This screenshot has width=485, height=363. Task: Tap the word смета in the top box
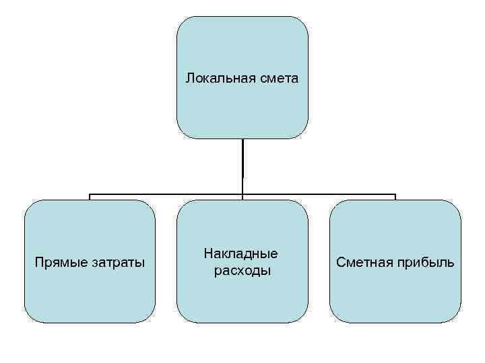[x=278, y=79]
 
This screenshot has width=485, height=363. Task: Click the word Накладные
[x=242, y=254]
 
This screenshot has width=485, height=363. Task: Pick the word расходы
[x=242, y=271]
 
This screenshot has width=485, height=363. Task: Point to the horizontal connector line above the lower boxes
[x=168, y=196]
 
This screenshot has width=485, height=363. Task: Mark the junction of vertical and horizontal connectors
[x=243, y=196]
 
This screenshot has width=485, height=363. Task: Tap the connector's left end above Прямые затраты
[x=90, y=196]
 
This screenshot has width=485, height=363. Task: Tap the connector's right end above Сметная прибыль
[x=395, y=196]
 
